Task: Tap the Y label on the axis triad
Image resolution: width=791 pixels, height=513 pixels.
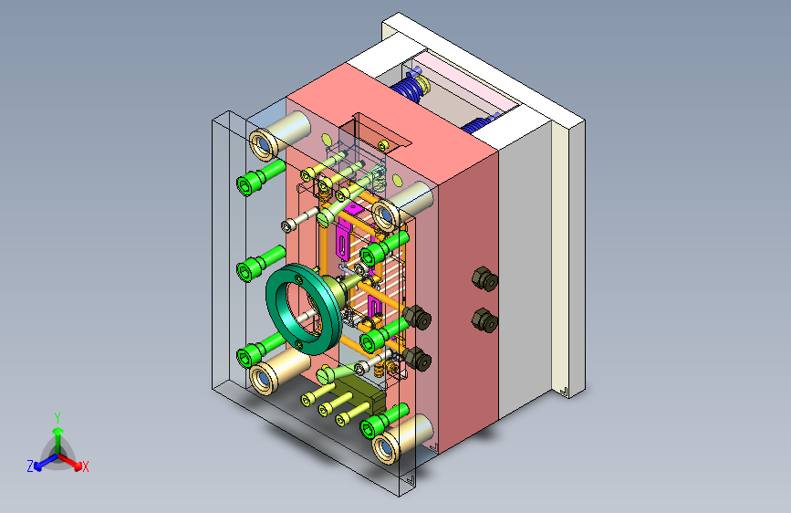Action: [57, 418]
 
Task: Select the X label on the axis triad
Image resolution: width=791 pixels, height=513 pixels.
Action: [85, 467]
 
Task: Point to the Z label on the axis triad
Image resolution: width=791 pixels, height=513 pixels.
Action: [30, 466]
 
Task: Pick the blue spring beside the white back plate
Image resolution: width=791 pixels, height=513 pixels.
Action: [480, 124]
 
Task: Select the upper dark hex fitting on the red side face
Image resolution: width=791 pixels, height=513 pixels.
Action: [484, 278]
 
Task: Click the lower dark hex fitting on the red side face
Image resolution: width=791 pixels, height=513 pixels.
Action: [484, 320]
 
